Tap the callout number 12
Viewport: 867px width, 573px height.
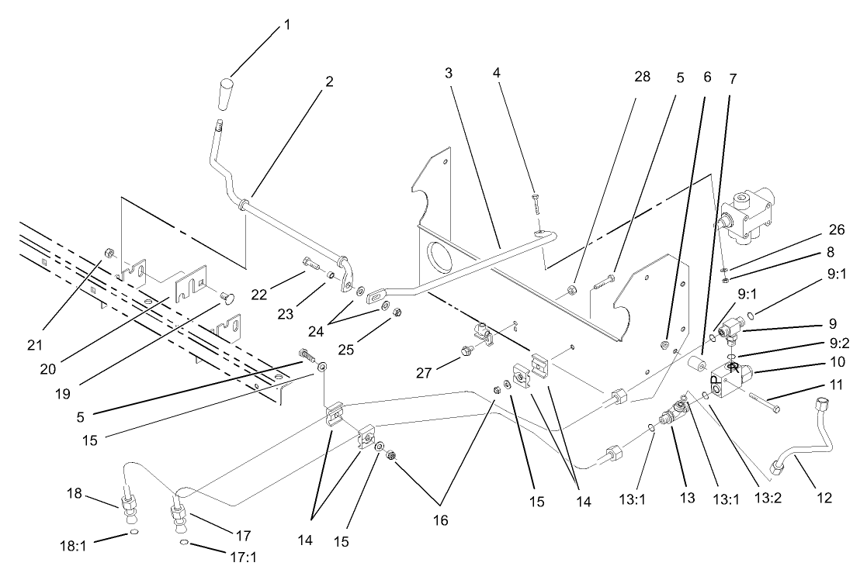click(824, 498)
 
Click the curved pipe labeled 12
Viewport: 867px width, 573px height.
click(807, 443)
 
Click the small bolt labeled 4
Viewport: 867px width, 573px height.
click(536, 204)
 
